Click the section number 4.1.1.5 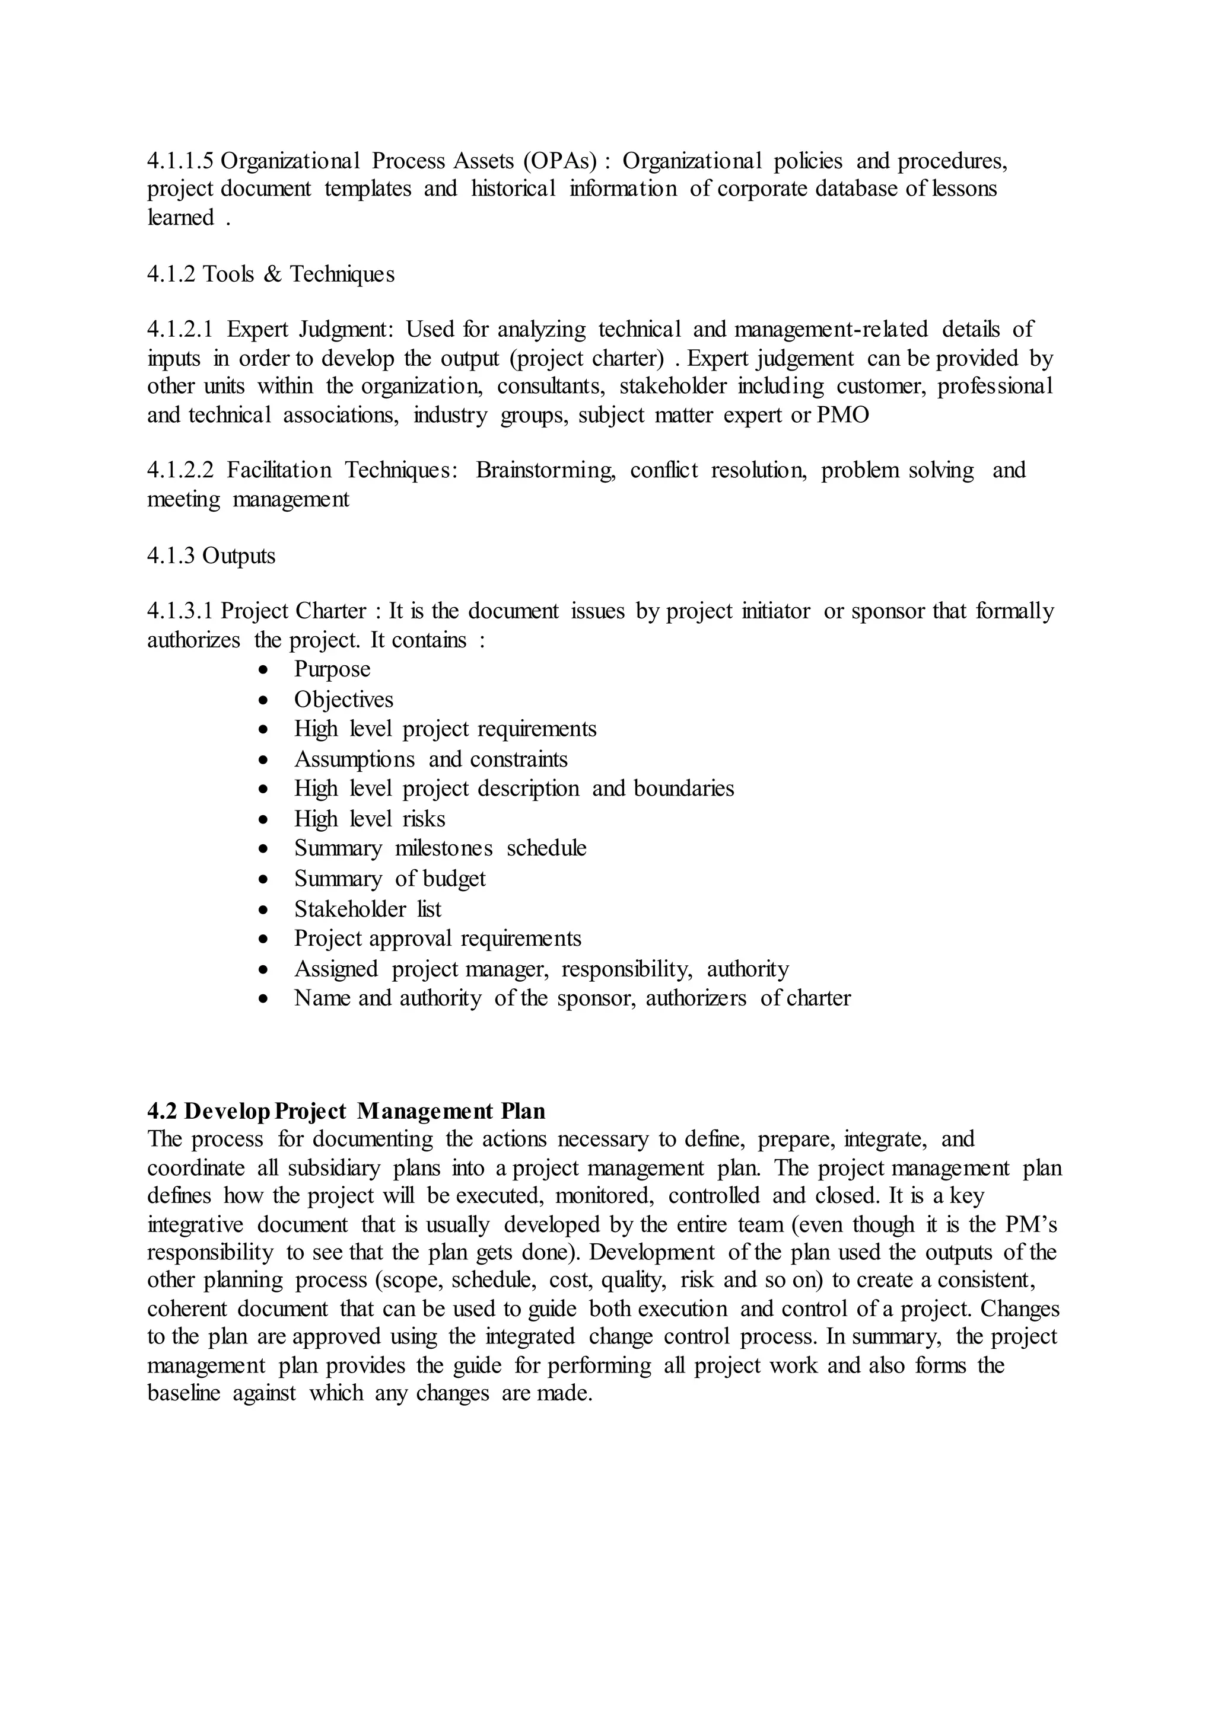point(180,161)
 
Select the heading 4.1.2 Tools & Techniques point(270,275)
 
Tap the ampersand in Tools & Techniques point(272,275)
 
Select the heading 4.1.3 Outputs point(211,556)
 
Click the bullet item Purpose point(332,669)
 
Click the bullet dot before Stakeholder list point(262,910)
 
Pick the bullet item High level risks point(370,819)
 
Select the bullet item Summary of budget point(389,879)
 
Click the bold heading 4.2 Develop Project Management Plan point(346,1111)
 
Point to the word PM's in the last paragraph point(1030,1224)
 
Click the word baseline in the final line point(183,1393)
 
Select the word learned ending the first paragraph point(180,218)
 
